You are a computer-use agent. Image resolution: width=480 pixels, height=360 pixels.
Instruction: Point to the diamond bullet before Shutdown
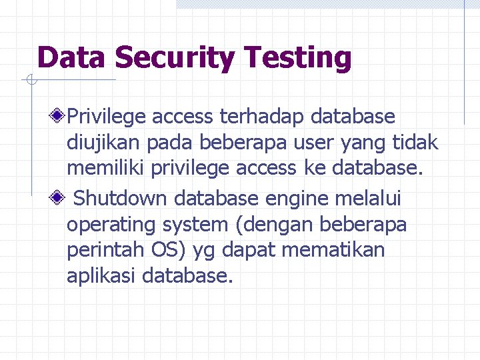(x=60, y=199)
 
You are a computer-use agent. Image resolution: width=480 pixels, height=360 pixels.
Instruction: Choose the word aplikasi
(x=102, y=276)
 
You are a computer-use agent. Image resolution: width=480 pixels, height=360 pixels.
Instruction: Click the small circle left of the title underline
(x=31, y=81)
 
